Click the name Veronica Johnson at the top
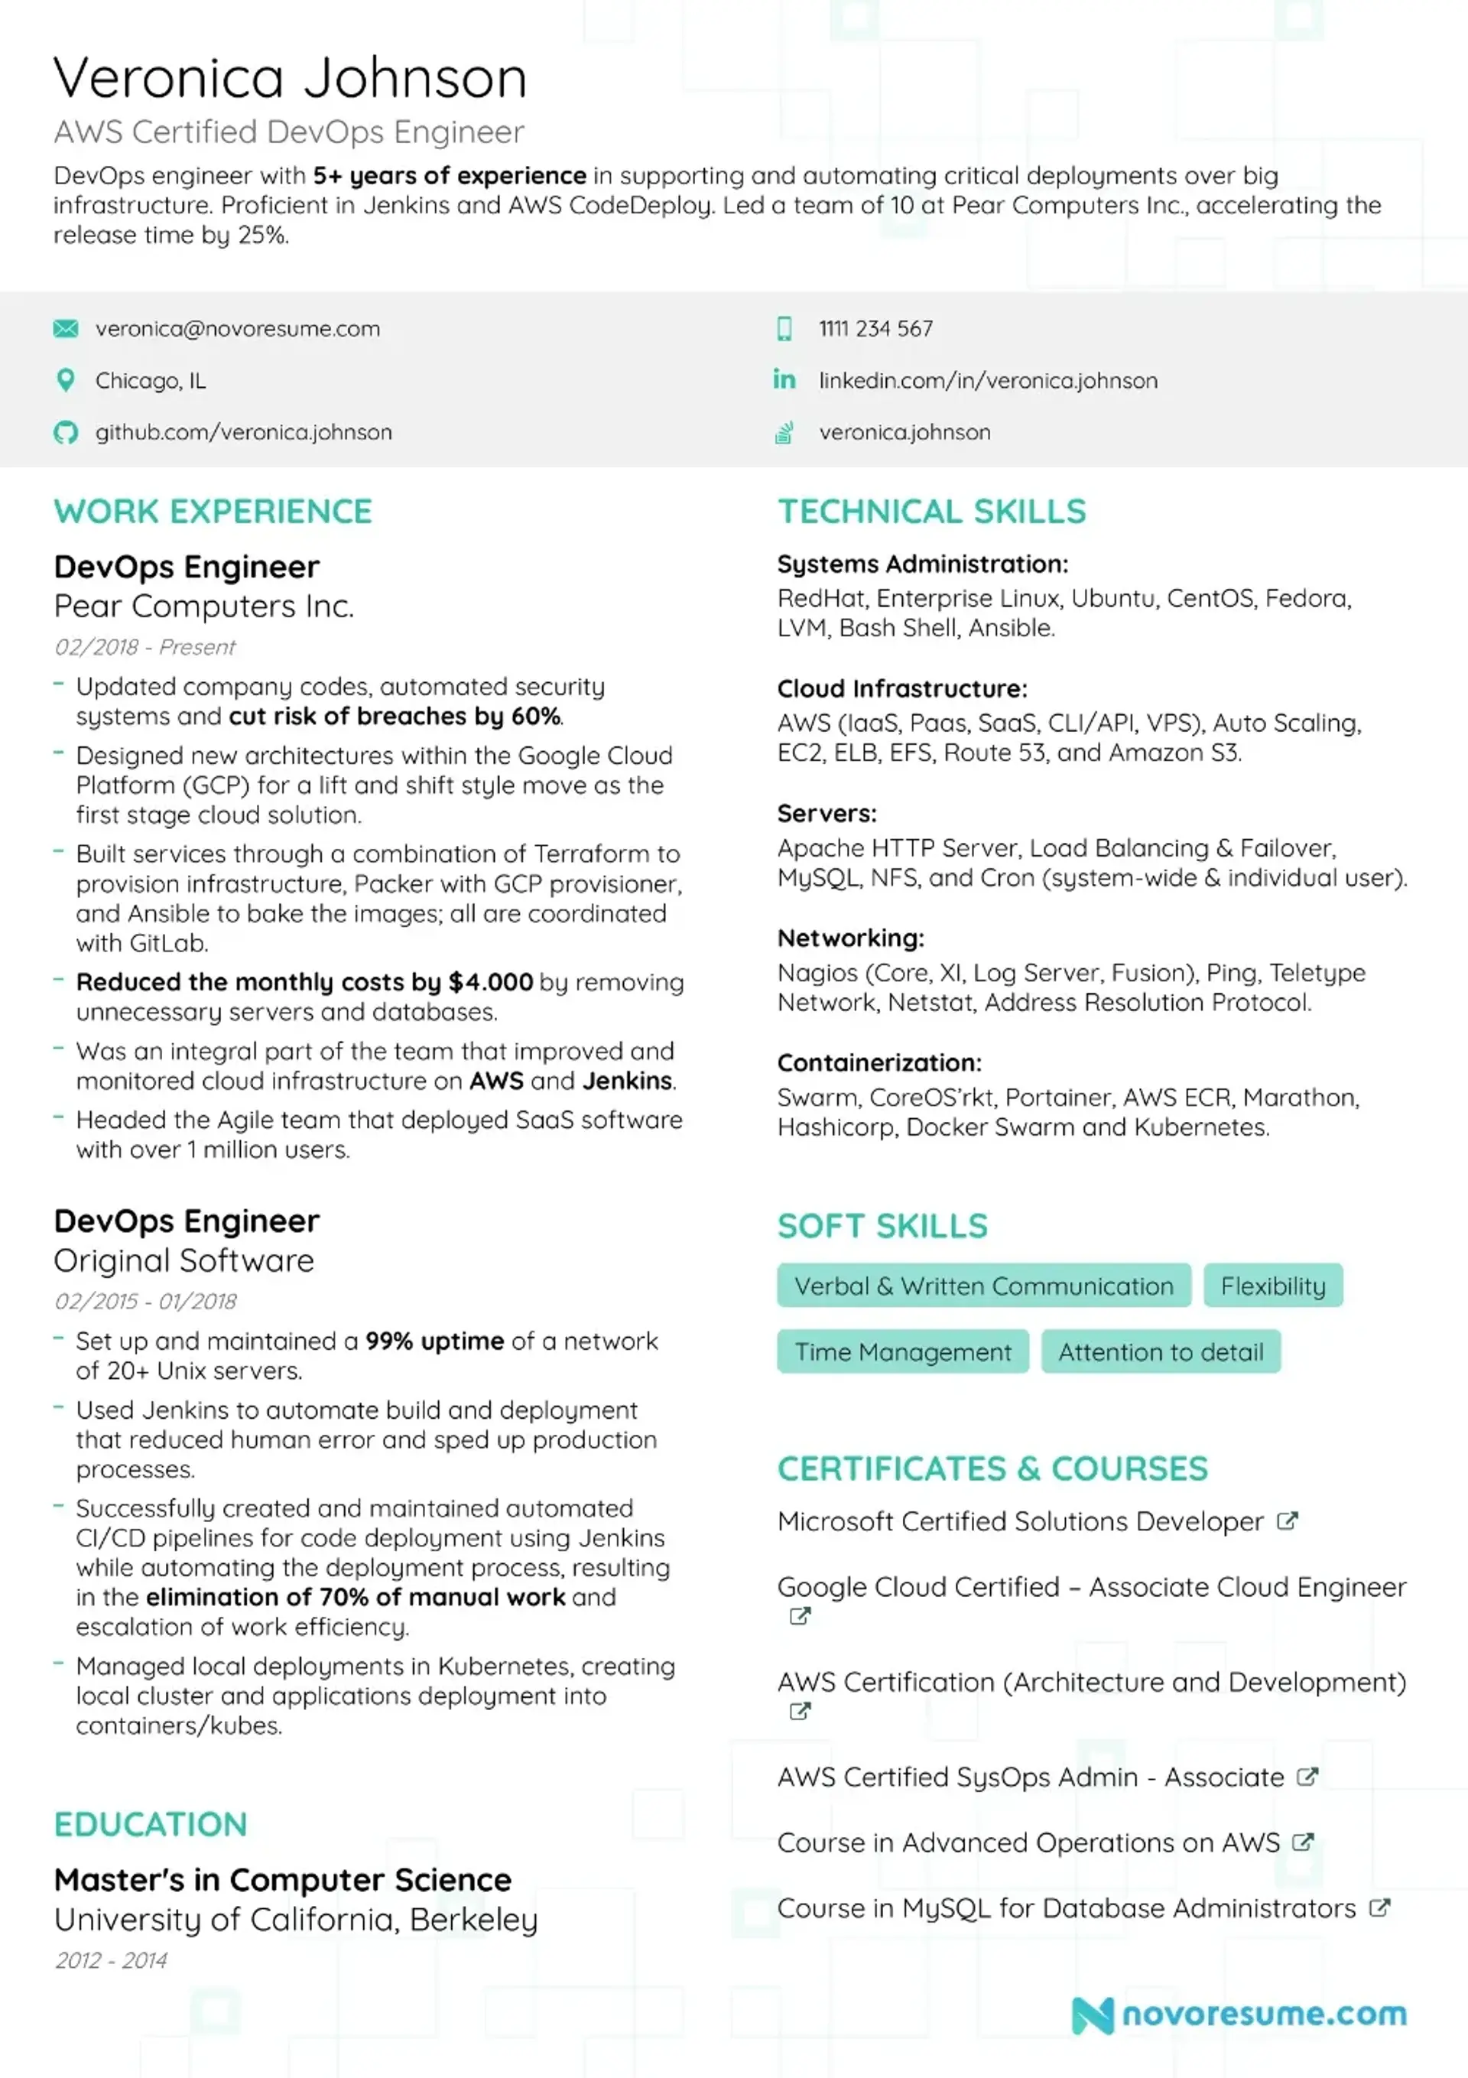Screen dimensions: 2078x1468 (x=290, y=78)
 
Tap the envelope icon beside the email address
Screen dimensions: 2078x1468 (x=65, y=329)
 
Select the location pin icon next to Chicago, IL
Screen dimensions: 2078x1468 (x=65, y=380)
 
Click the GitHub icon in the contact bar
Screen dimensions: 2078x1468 (x=65, y=433)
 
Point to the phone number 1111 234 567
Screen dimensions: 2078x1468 (x=875, y=329)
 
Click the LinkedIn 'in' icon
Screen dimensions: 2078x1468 (x=784, y=379)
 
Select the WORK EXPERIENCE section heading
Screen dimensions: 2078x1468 (x=213, y=512)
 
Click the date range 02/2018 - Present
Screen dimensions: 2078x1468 (x=145, y=647)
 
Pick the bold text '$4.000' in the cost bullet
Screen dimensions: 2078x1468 (x=491, y=982)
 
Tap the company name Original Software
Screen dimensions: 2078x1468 (x=183, y=1260)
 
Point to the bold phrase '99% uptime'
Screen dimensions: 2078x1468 (x=434, y=1341)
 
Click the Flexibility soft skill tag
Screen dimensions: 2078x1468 (x=1272, y=1286)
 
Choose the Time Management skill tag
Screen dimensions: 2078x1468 (x=902, y=1352)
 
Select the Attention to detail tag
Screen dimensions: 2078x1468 (x=1161, y=1352)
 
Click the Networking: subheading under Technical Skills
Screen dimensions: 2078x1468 (x=851, y=938)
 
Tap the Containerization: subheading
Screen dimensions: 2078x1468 (x=879, y=1063)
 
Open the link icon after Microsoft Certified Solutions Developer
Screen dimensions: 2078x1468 (x=1287, y=1521)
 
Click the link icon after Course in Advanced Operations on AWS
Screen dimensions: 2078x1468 (x=1302, y=1842)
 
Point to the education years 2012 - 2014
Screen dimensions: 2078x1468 (x=112, y=1960)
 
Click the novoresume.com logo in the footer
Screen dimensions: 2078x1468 (x=1239, y=2015)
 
